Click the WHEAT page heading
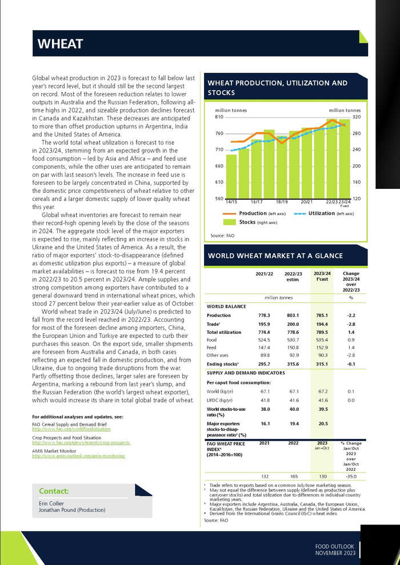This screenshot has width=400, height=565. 60,44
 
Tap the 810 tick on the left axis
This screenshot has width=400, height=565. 219,117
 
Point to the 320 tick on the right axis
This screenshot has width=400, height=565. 357,117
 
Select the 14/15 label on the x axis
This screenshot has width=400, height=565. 231,202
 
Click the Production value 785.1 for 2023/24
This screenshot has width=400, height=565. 322,316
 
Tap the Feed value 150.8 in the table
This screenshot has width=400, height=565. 292,348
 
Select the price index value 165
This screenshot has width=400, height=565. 293,477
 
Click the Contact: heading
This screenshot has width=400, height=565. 54,491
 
